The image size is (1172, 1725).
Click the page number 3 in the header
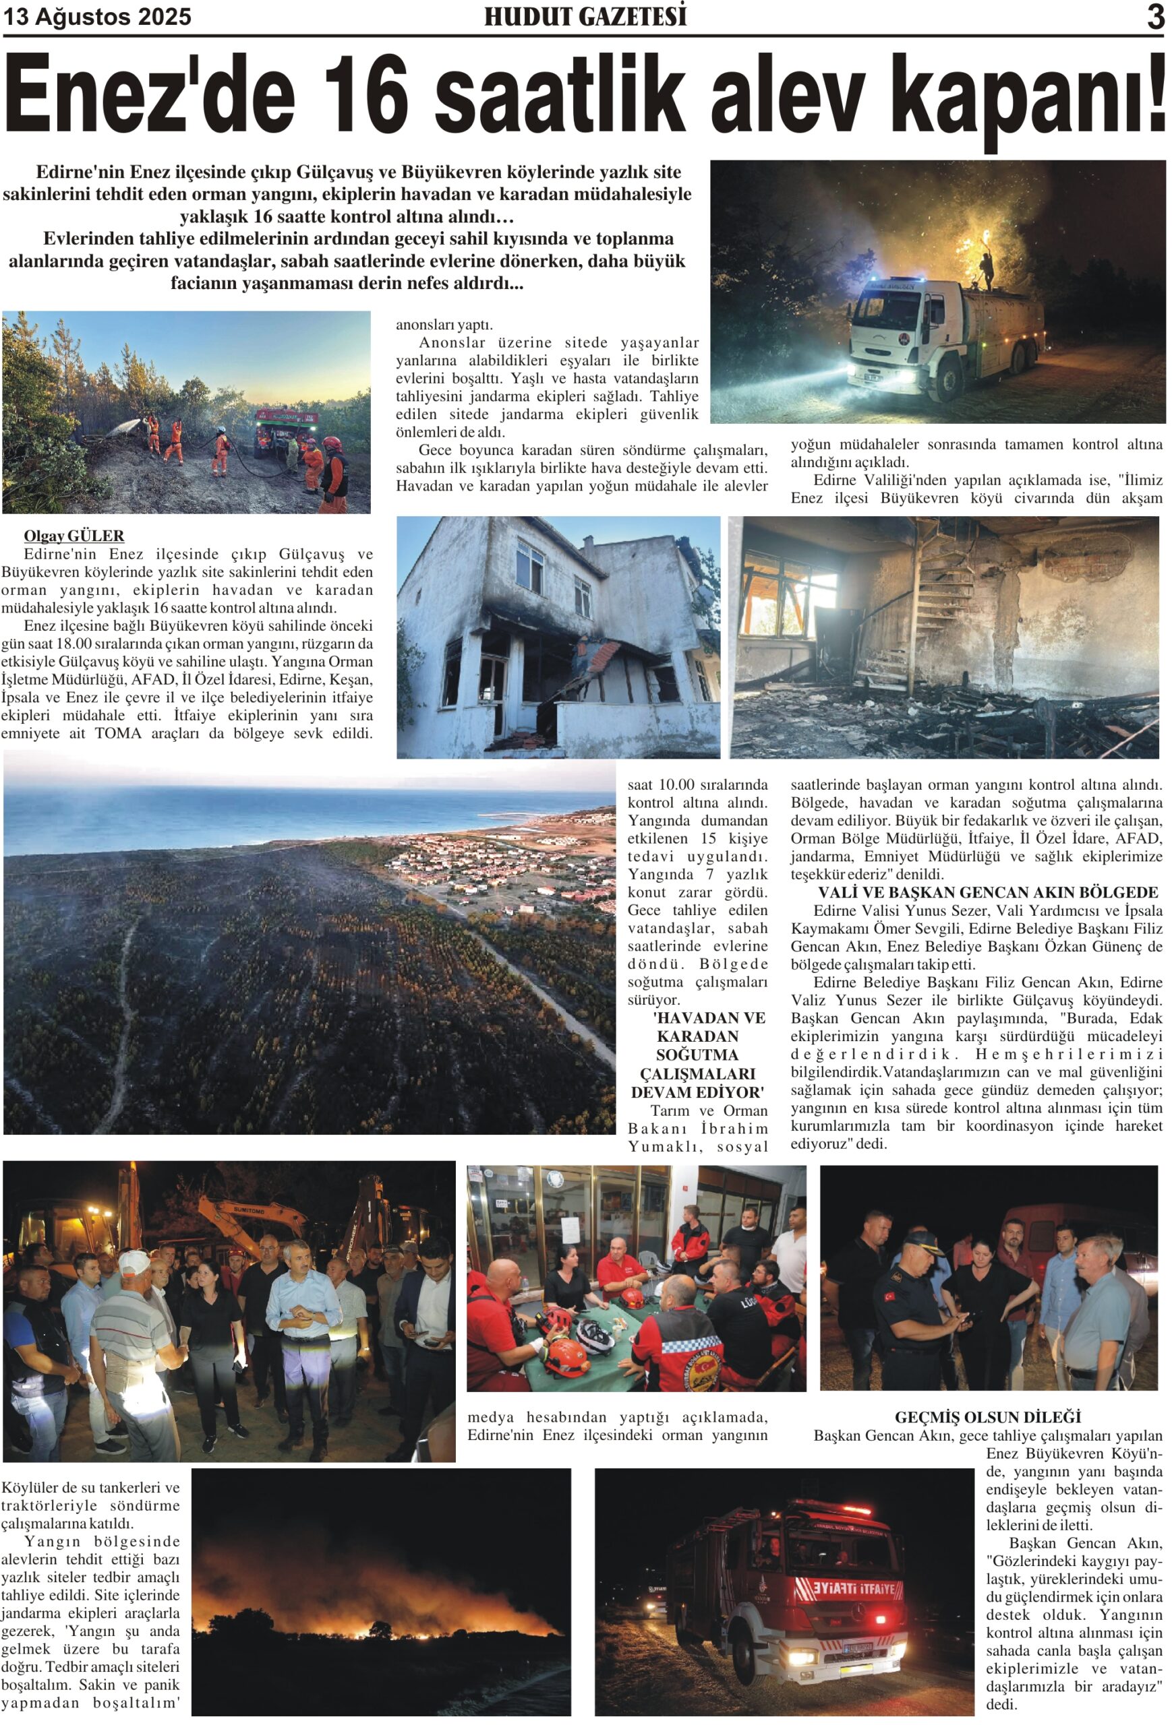point(1154,16)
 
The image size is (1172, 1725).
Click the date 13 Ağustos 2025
point(97,16)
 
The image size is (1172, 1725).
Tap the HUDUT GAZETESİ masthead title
point(585,16)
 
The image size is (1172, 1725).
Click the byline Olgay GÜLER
point(74,535)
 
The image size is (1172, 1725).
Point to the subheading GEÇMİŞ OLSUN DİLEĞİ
point(987,1417)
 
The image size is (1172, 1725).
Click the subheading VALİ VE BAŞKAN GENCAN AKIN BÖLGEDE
point(987,892)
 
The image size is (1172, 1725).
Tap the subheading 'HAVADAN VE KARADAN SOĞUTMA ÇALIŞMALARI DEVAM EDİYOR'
point(697,1055)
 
